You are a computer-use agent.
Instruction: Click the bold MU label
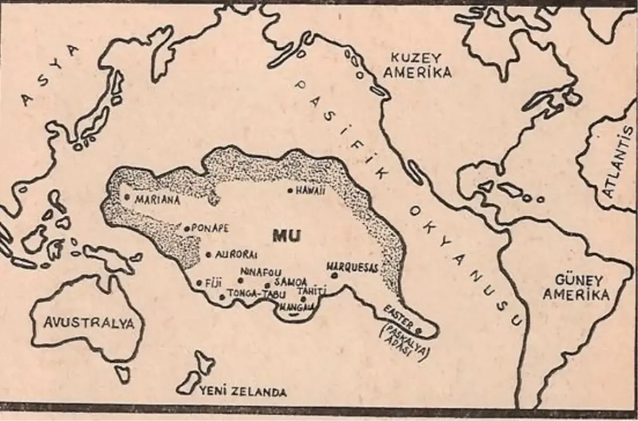coord(287,236)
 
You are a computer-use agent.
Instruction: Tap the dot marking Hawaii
coord(290,190)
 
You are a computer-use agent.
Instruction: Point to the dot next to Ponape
coord(187,229)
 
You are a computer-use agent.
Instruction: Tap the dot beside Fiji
coord(200,282)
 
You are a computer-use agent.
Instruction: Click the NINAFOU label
coord(261,273)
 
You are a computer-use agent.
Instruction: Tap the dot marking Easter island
coord(418,330)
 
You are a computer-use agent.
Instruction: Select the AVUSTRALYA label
coord(89,323)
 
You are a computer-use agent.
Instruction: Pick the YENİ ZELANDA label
coord(243,392)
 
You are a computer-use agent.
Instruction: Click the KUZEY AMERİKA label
coord(421,65)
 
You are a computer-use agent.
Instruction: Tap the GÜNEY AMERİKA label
coord(576,287)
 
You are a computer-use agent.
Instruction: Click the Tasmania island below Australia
coord(122,373)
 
